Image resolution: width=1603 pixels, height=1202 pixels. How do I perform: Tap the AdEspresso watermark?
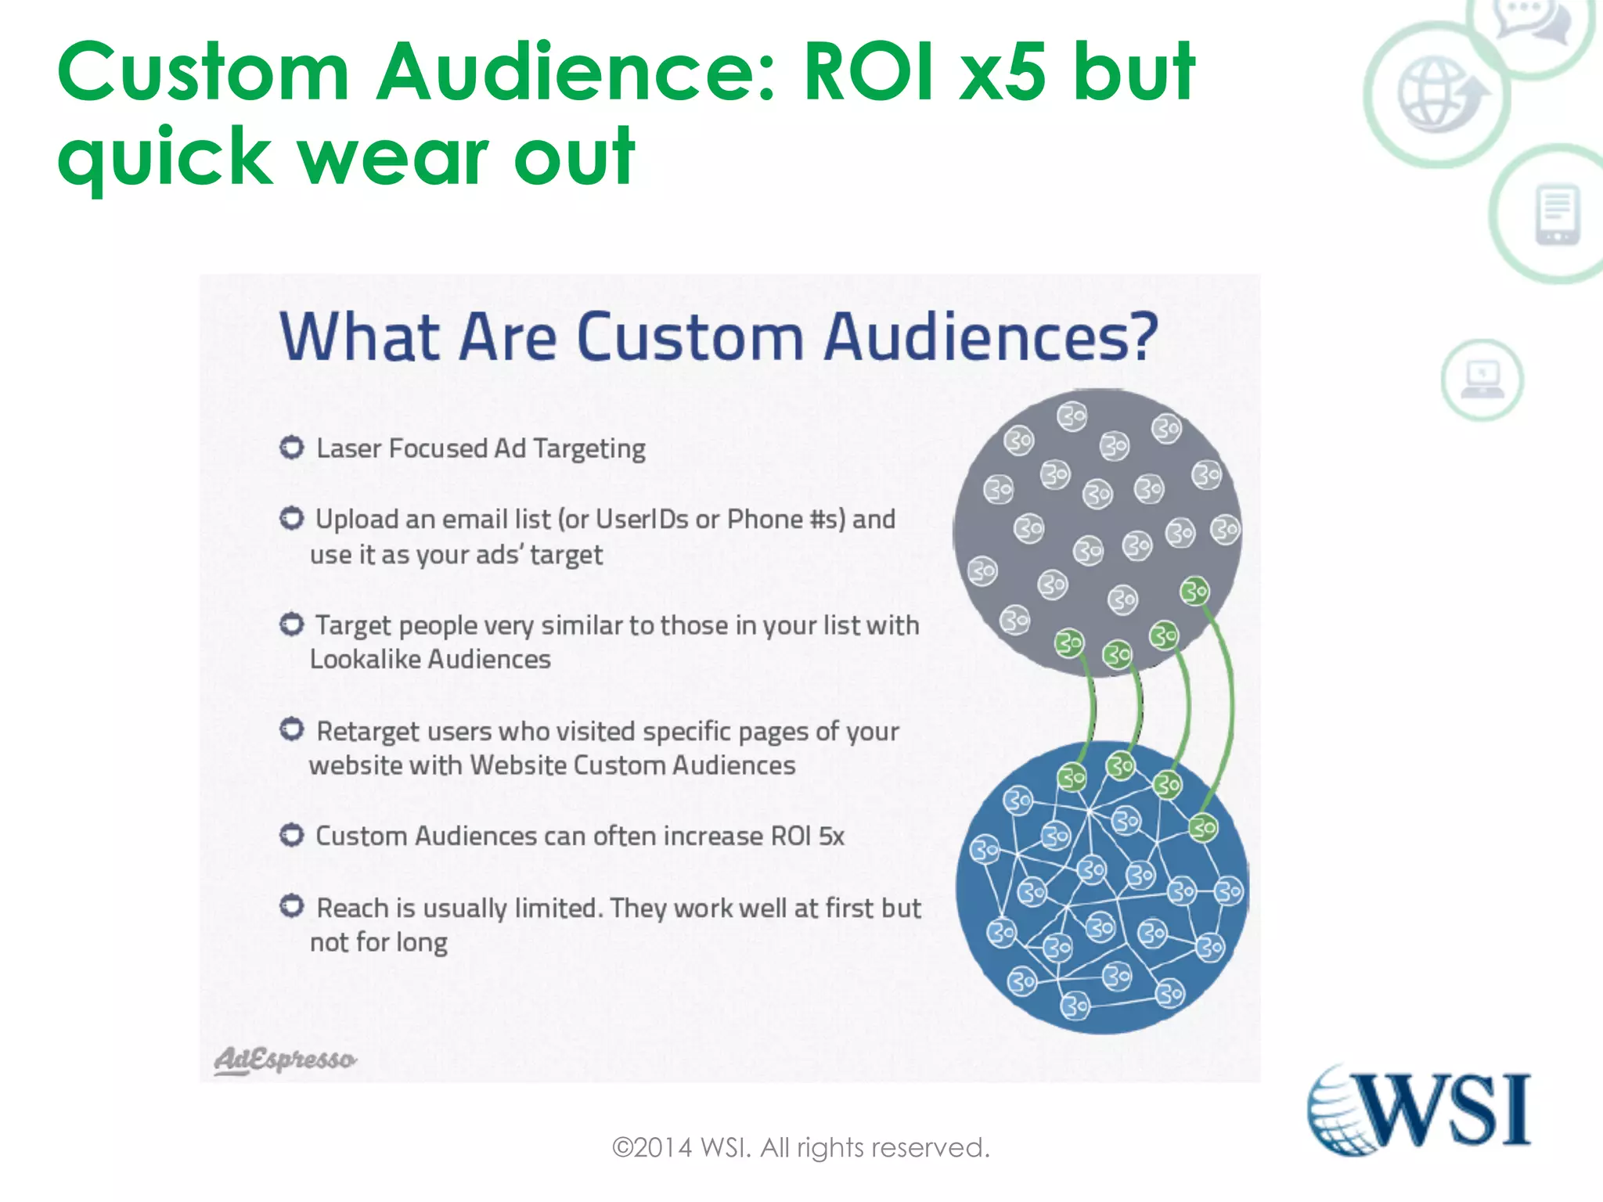(x=285, y=1060)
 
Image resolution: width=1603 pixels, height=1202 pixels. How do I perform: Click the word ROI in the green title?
(x=869, y=72)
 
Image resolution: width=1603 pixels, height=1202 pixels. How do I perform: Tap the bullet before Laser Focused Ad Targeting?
(x=292, y=448)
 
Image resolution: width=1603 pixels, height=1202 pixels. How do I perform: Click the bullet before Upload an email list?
(x=292, y=518)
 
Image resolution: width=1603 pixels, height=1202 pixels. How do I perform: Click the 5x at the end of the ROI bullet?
(x=831, y=836)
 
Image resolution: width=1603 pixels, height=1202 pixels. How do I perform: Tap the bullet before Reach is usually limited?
(x=292, y=906)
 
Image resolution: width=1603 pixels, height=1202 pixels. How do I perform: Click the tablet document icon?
(x=1558, y=214)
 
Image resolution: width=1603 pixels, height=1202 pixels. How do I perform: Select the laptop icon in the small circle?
(x=1482, y=380)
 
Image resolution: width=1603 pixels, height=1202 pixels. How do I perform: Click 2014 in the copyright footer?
(x=663, y=1147)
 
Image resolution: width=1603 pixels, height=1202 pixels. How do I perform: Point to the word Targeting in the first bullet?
(x=589, y=448)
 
